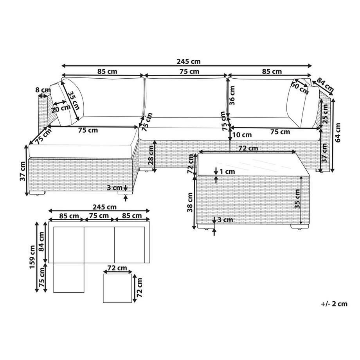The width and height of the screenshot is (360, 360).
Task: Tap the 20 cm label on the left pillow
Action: pos(58,109)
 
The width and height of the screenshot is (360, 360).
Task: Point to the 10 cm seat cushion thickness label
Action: pos(241,135)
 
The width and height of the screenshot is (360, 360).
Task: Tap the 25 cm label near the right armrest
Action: pos(325,115)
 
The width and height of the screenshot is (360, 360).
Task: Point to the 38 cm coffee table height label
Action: pos(190,202)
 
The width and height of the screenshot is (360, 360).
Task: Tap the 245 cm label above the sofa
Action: pos(188,61)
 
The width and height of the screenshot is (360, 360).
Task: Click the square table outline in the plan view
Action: pos(117,288)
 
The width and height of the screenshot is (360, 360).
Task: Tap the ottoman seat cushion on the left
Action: pos(82,139)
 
